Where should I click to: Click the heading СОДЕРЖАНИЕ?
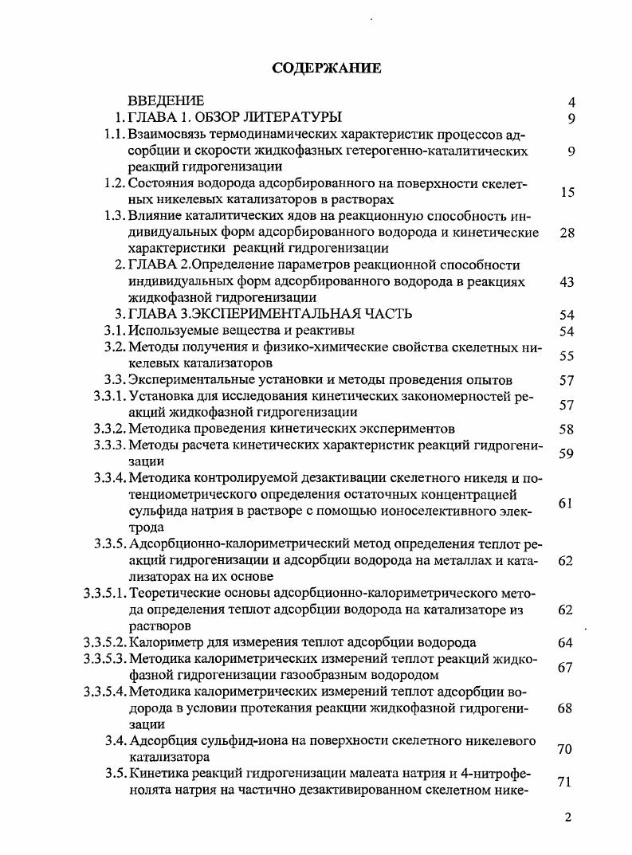click(x=327, y=68)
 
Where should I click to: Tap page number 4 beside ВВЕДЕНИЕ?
click(x=571, y=102)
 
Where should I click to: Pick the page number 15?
click(x=567, y=192)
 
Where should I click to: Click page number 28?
click(x=567, y=233)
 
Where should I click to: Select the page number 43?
click(x=567, y=282)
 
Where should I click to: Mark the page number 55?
click(x=567, y=356)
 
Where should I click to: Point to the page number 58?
click(x=567, y=429)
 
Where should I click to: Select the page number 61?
click(x=567, y=503)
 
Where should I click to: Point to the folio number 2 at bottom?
click(x=567, y=818)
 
